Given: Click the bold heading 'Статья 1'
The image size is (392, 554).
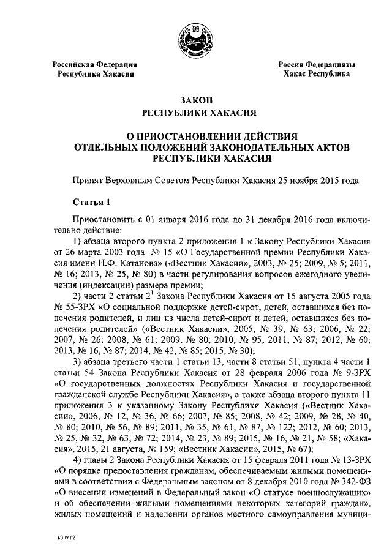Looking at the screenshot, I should pos(91,202).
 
